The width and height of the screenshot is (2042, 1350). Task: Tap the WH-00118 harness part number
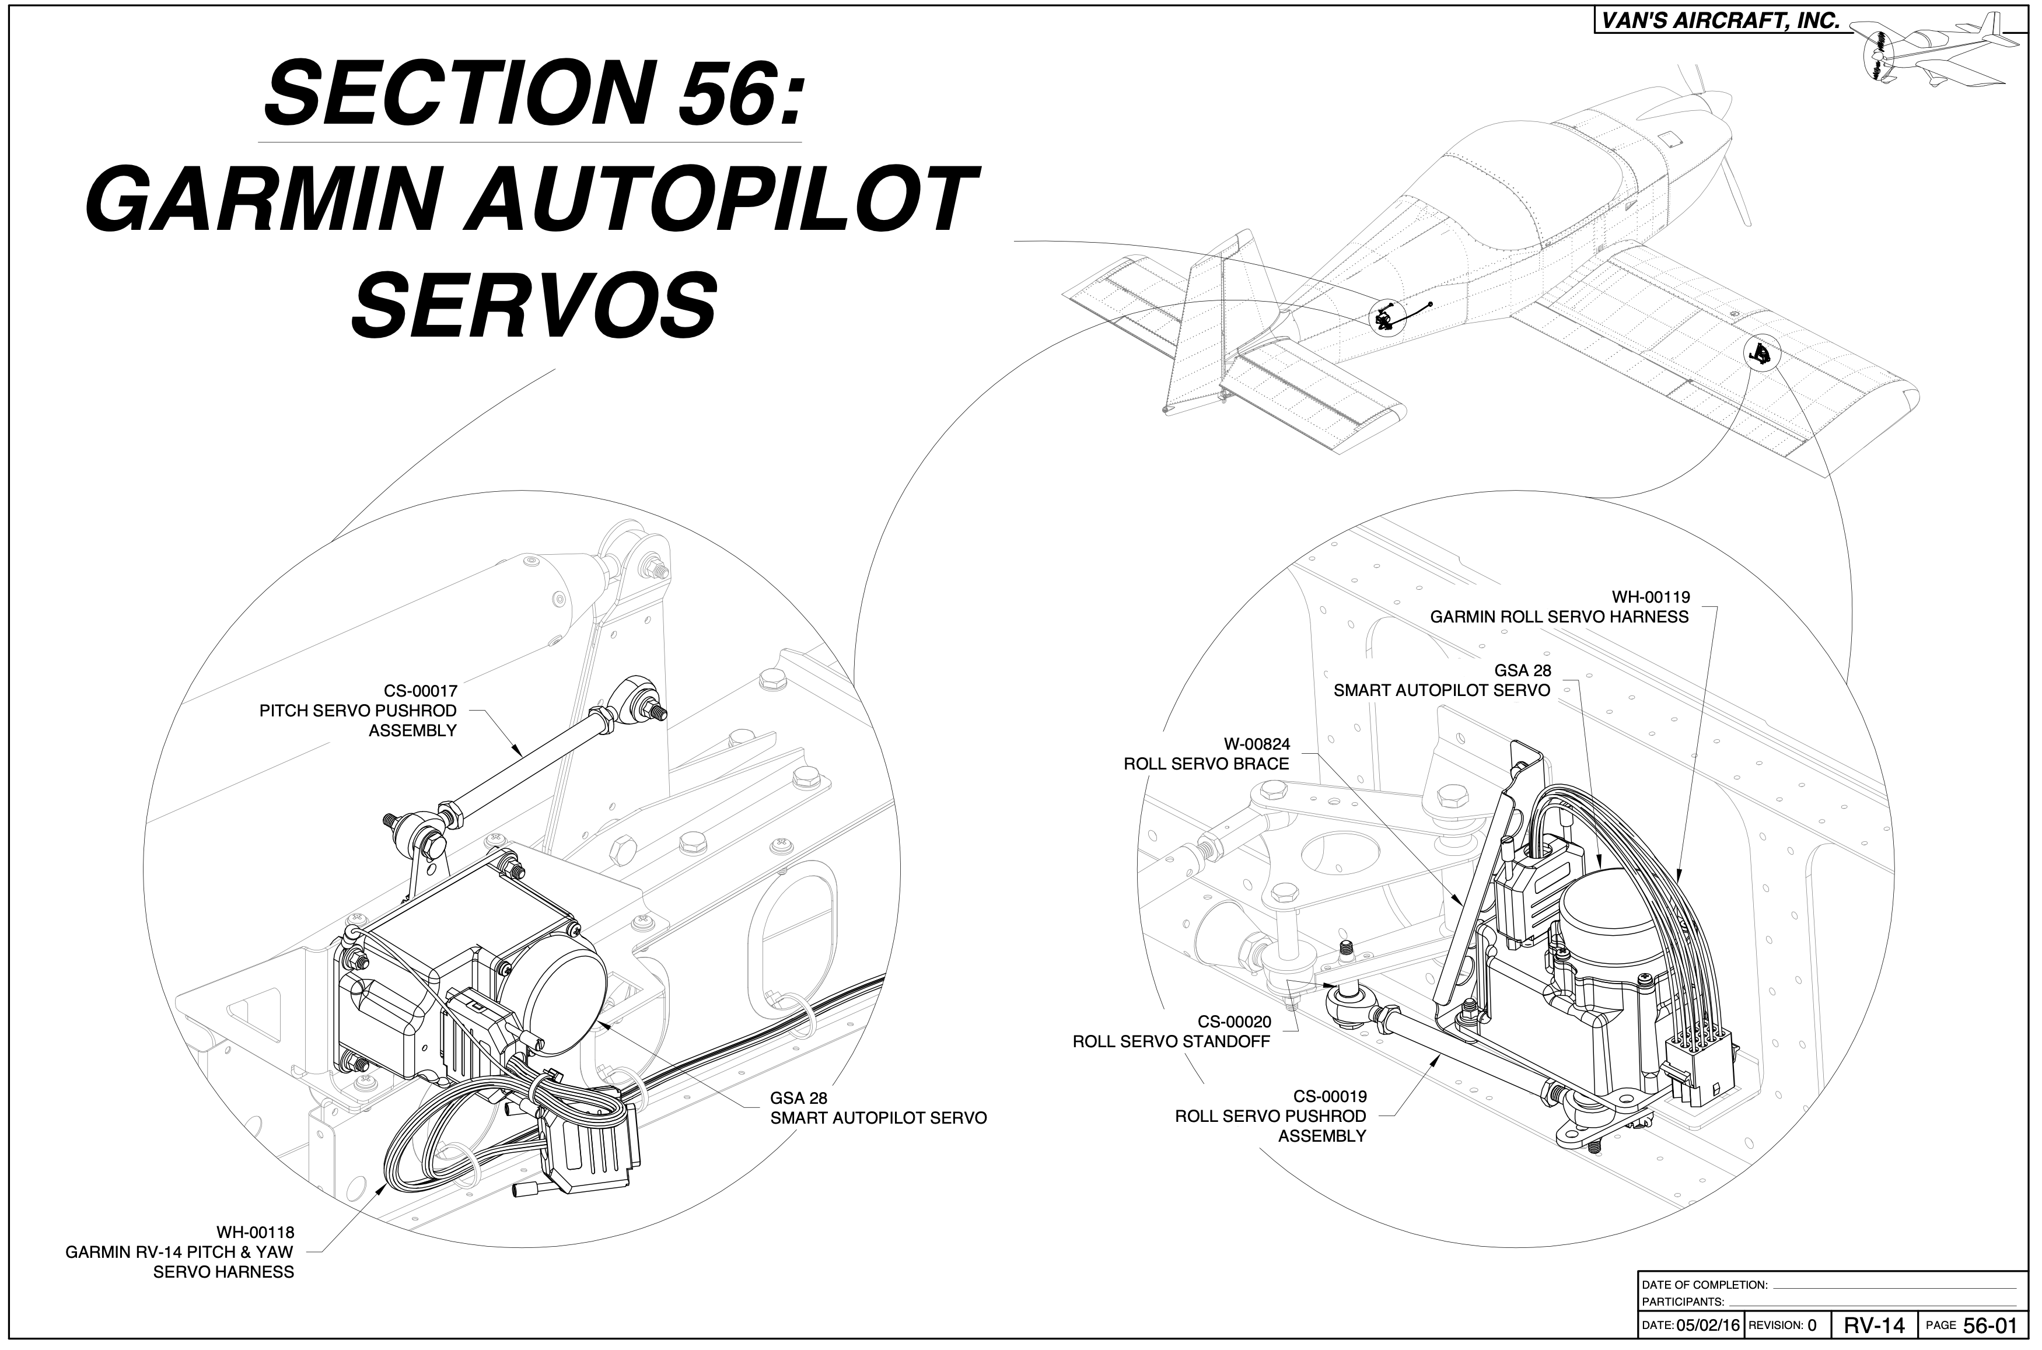coord(255,1232)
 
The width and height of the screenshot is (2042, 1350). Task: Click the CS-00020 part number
coord(1233,1022)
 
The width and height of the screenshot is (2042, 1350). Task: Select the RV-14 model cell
coord(1874,1324)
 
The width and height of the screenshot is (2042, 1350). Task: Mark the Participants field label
coord(1683,1302)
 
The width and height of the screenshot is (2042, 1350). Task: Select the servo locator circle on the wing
coord(1761,352)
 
